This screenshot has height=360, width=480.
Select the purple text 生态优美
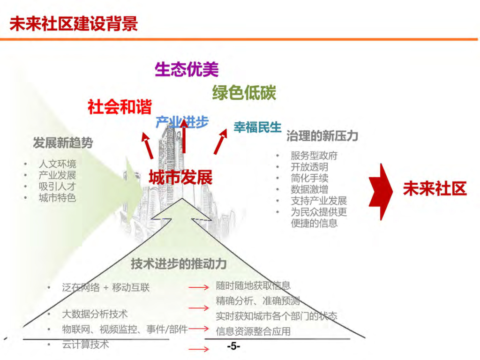pyautogui.click(x=187, y=69)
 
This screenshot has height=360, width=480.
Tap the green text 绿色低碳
pyautogui.click(x=244, y=92)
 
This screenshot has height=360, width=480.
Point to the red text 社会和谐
pyautogui.click(x=120, y=107)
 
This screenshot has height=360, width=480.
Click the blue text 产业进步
pyautogui.click(x=182, y=122)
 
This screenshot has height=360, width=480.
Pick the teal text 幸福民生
pyautogui.click(x=257, y=127)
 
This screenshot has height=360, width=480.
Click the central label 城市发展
pyautogui.click(x=180, y=177)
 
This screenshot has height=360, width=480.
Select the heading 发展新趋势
pyautogui.click(x=63, y=143)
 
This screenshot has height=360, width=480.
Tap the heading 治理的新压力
pyautogui.click(x=322, y=136)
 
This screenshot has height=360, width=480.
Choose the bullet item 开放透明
pyautogui.click(x=309, y=167)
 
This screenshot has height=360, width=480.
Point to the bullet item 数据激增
pyautogui.click(x=309, y=189)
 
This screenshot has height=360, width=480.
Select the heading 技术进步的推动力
pyautogui.click(x=179, y=264)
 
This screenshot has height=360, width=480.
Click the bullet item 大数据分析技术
pyautogui.click(x=95, y=314)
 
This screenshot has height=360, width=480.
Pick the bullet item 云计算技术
pyautogui.click(x=85, y=344)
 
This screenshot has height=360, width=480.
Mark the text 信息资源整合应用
pyautogui.click(x=253, y=331)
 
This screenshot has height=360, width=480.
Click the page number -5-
pyautogui.click(x=233, y=346)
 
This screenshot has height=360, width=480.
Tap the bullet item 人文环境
pyautogui.click(x=57, y=164)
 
